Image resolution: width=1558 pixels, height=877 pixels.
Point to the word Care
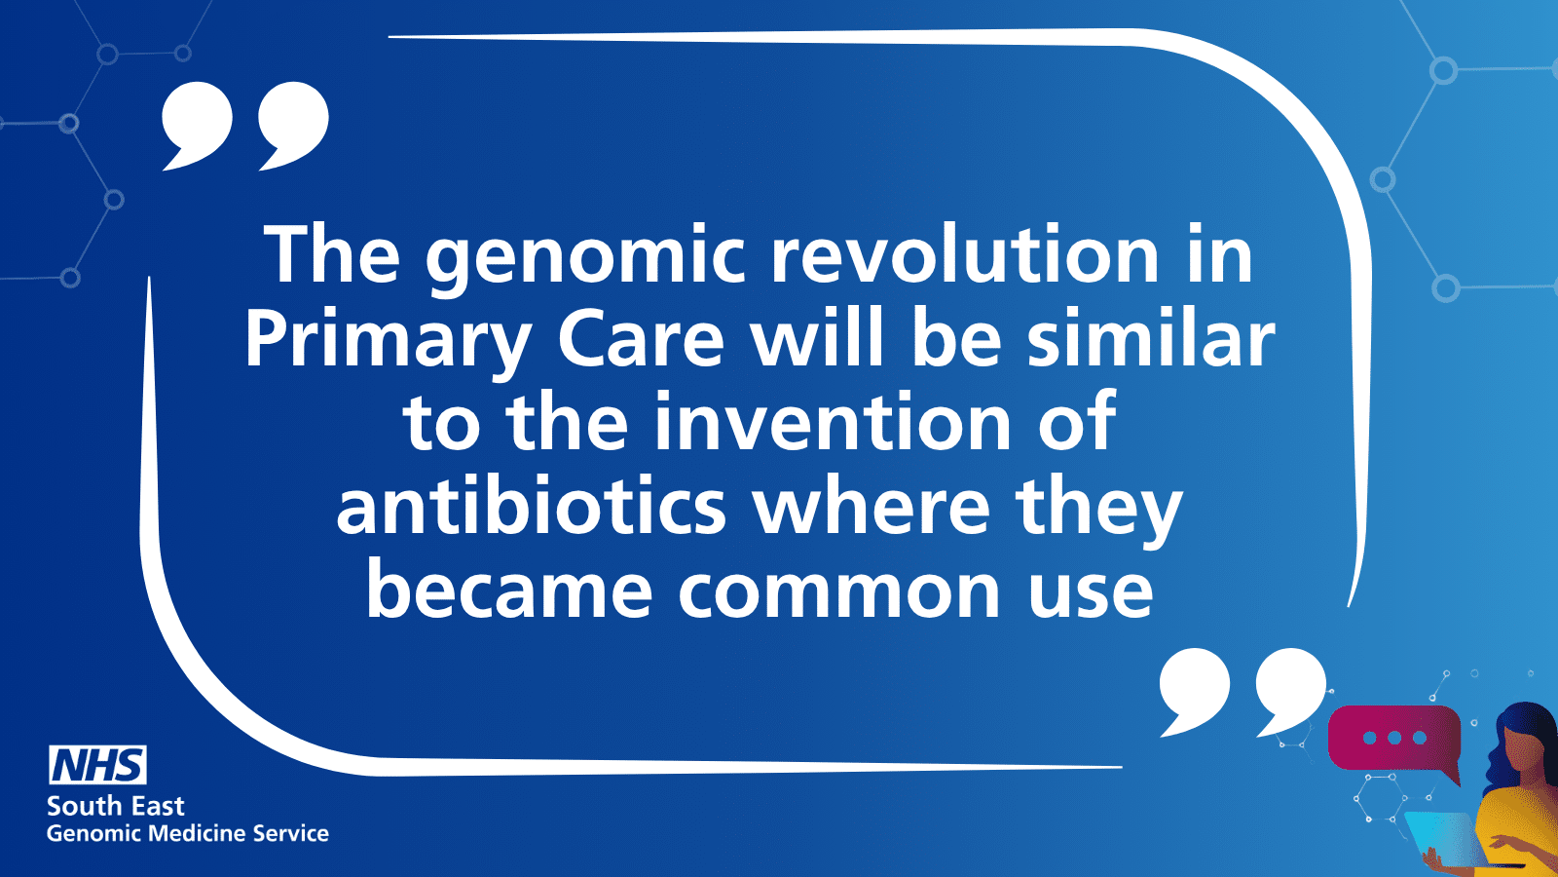tap(642, 340)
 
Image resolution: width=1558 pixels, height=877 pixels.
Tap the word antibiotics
tap(532, 508)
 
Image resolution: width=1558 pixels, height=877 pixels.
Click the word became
tap(510, 591)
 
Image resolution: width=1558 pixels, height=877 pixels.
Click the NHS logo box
tap(97, 764)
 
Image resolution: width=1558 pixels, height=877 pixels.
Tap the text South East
tap(116, 806)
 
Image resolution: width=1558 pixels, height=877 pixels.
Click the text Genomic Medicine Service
tap(188, 834)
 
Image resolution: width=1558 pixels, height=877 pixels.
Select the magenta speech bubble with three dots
tap(1393, 740)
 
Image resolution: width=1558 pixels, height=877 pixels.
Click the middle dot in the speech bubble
tap(1393, 738)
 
